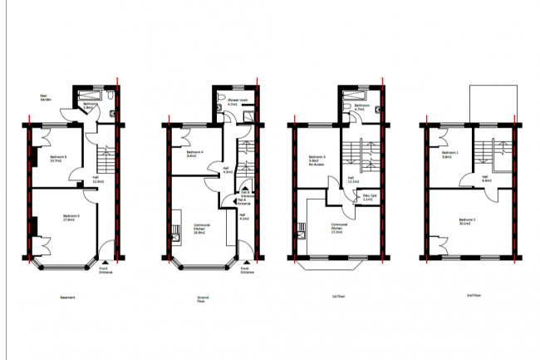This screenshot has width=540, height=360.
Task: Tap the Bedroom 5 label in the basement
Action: pyautogui.click(x=71, y=218)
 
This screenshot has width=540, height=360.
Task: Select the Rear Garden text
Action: pyautogui.click(x=47, y=97)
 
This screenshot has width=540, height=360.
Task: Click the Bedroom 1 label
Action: pyautogui.click(x=450, y=155)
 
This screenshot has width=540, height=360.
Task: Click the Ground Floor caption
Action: pyautogui.click(x=203, y=298)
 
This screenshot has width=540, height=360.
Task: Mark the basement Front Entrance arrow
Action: pyautogui.click(x=104, y=259)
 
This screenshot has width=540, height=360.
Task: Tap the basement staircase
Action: pyautogui.click(x=106, y=158)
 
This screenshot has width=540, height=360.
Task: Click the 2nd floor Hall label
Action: pyautogui.click(x=487, y=178)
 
